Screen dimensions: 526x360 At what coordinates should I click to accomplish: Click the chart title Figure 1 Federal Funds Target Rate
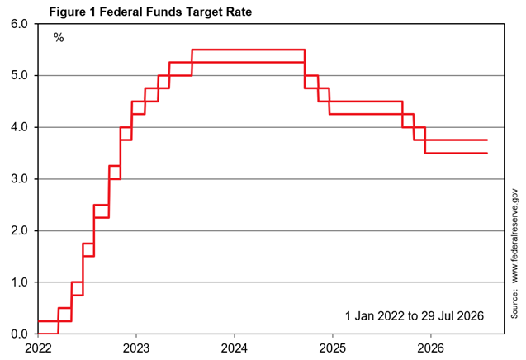click(150, 12)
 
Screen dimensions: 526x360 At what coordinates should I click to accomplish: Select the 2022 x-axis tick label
click(38, 348)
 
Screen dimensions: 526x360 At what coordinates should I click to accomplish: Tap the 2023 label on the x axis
click(136, 348)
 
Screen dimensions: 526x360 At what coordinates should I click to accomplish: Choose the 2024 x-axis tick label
click(235, 348)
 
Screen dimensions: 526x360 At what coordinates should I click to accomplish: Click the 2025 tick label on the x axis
click(333, 348)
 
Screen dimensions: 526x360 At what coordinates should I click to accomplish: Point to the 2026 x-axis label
click(430, 348)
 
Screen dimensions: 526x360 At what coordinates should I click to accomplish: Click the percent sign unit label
click(59, 38)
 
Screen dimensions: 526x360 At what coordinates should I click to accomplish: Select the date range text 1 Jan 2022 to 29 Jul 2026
click(415, 315)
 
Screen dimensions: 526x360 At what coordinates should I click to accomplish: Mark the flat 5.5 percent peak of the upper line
click(249, 50)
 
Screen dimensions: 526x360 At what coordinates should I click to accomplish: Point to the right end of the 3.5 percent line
click(487, 153)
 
